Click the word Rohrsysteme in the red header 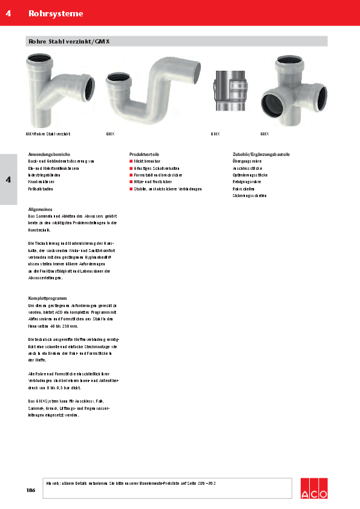56,13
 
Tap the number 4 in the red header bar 8,13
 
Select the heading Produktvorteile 143,155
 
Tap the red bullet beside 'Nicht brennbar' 131,161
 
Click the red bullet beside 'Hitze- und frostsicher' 131,182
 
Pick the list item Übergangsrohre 247,161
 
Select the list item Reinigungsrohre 247,182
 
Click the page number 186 31,490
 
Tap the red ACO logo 314,488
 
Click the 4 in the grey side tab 8,180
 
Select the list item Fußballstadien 42,189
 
